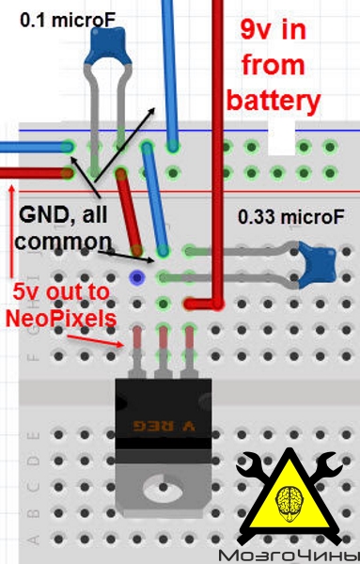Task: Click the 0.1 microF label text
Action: pyautogui.click(x=68, y=21)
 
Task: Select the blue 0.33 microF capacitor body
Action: pyautogui.click(x=317, y=265)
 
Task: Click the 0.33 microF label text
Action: pyautogui.click(x=291, y=217)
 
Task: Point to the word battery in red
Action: pyautogui.click(x=274, y=101)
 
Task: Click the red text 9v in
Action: pyautogui.click(x=274, y=29)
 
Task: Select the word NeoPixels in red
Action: pyautogui.click(x=61, y=318)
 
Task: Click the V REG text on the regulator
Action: pyautogui.click(x=164, y=426)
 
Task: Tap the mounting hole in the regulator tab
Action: pyautogui.click(x=163, y=488)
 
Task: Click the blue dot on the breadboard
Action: pyautogui.click(x=137, y=277)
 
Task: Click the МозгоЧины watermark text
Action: pyautogui.click(x=289, y=556)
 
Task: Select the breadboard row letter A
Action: pyautogui.click(x=33, y=540)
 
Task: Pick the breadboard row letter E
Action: pyautogui.click(x=33, y=436)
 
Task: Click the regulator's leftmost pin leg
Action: pyautogui.click(x=137, y=352)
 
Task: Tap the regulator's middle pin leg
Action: pyautogui.click(x=163, y=352)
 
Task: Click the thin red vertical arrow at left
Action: pyautogui.click(x=12, y=231)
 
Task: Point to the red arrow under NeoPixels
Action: pyautogui.click(x=95, y=341)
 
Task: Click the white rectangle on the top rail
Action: pyautogui.click(x=282, y=138)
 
